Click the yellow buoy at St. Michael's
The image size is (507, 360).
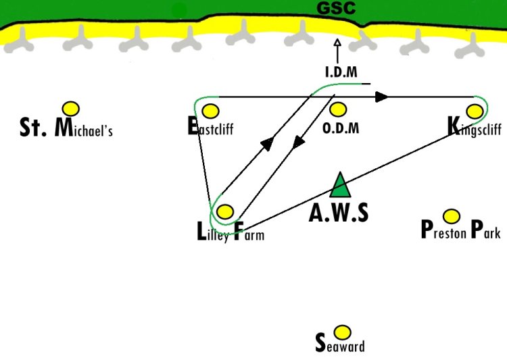coord(71,109)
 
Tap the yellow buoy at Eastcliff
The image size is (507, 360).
coord(210,111)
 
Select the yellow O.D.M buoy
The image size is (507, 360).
coord(338,109)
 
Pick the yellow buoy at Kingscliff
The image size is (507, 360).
coord(475,111)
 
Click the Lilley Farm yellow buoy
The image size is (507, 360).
coord(225,211)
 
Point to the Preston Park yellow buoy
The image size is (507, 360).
coord(452,216)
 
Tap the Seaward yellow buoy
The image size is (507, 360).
coord(342,332)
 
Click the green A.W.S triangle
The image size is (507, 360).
coord(340,185)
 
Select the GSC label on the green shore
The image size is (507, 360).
coord(336,8)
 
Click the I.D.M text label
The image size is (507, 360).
coord(341,72)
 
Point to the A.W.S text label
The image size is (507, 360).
coord(339,213)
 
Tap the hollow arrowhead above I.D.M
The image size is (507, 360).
coord(337,43)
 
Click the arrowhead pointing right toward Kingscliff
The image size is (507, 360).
coord(382,97)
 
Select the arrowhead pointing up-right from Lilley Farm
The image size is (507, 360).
coord(268,143)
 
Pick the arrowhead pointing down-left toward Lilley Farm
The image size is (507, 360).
coord(298,143)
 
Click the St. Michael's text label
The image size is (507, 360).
coord(66,128)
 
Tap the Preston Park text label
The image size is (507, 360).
coord(461,230)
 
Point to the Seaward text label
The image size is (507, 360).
coord(340,343)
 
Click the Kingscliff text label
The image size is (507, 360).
coord(475,127)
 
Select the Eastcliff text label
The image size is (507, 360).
coord(210,126)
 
